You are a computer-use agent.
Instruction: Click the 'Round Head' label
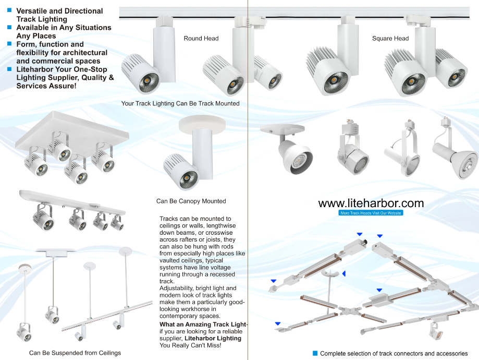point(201,39)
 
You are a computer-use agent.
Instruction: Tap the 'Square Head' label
point(390,39)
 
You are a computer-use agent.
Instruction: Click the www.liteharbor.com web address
point(371,203)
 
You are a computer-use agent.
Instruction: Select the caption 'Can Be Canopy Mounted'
point(191,201)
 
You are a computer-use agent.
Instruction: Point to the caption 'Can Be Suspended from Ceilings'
point(75,353)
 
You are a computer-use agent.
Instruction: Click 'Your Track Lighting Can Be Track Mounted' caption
point(180,103)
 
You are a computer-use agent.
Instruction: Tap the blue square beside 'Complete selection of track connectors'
point(315,353)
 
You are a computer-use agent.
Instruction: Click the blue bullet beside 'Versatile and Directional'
point(9,10)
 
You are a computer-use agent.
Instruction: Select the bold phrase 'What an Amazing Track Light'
point(203,325)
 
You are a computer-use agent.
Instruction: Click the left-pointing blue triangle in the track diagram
point(343,273)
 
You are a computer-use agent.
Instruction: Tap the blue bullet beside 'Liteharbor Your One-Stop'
point(9,69)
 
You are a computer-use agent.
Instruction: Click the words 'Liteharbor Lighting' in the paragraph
point(214,338)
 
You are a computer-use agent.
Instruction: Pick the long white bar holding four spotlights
point(73,203)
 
